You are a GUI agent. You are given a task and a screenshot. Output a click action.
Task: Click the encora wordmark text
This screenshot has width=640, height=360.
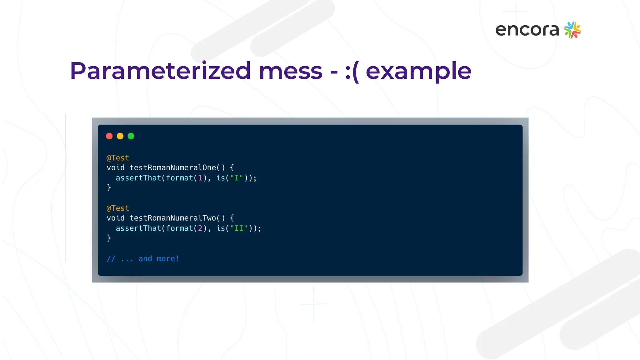click(x=527, y=30)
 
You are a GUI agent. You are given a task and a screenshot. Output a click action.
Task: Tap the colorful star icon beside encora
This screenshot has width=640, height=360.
click(x=572, y=30)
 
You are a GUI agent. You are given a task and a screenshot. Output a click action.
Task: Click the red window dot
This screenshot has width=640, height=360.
click(x=109, y=136)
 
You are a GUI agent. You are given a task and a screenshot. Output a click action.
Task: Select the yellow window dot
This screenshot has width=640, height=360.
click(x=120, y=136)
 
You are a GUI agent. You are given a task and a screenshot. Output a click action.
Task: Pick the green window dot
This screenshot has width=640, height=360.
click(x=131, y=136)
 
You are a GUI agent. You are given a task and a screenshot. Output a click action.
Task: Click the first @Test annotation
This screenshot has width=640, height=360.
click(x=118, y=158)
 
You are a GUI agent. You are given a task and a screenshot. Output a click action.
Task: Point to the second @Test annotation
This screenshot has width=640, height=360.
click(x=118, y=208)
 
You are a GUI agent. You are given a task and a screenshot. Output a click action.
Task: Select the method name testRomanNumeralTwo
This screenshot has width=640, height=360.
click(x=172, y=218)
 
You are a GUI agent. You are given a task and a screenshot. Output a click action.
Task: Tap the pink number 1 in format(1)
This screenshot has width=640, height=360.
click(x=200, y=178)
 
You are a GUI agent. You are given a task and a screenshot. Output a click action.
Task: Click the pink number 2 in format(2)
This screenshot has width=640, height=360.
click(x=200, y=228)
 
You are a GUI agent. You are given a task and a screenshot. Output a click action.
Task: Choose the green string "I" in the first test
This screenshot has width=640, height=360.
click(x=237, y=178)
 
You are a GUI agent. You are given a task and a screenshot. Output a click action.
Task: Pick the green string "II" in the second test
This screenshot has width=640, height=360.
click(x=239, y=228)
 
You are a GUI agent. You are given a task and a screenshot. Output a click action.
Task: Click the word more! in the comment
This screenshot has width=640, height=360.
click(x=168, y=259)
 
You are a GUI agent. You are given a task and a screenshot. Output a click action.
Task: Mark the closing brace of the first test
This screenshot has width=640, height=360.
click(x=109, y=187)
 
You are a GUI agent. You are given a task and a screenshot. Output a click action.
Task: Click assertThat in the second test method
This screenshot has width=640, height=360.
click(x=138, y=228)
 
